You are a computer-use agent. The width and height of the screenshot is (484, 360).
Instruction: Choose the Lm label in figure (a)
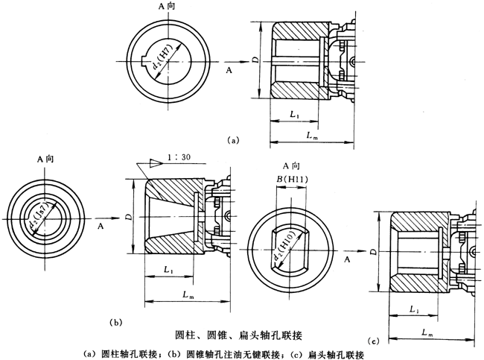(313, 134)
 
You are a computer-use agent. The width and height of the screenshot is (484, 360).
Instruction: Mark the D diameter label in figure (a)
(255, 60)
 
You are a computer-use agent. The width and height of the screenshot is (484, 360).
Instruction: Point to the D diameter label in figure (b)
(129, 216)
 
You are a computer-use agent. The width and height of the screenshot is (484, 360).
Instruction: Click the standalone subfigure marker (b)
(115, 322)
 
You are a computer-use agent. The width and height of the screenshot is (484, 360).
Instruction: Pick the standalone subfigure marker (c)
(375, 341)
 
